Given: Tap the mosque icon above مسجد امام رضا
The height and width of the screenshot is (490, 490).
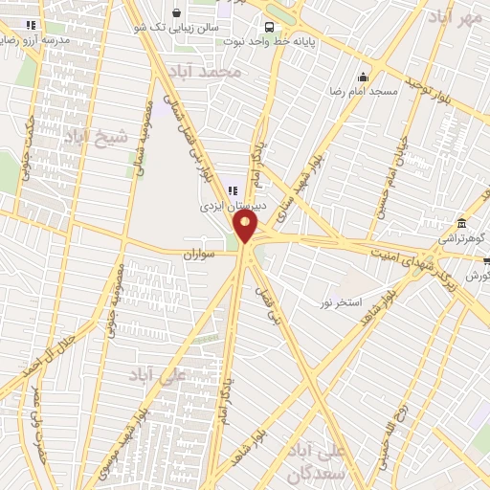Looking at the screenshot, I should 363,78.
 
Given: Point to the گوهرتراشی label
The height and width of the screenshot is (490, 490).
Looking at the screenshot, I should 463,234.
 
